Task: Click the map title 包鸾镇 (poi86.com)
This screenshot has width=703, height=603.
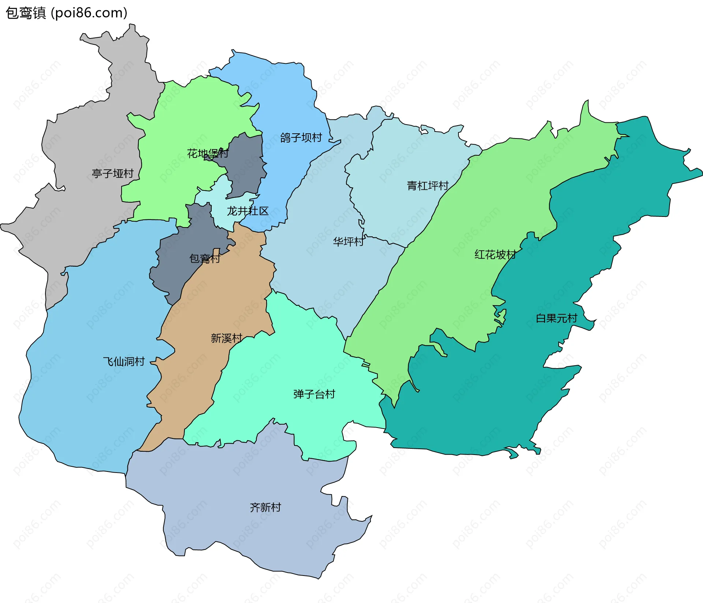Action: (66, 13)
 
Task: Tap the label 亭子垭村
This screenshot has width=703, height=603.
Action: (112, 173)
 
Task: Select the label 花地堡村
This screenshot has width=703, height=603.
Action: (208, 153)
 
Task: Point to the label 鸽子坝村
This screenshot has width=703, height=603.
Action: (301, 137)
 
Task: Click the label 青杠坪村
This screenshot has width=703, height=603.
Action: (428, 186)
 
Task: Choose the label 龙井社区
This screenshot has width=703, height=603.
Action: (248, 211)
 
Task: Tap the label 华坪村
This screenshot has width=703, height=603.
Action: (348, 241)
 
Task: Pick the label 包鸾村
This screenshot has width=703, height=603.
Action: (204, 259)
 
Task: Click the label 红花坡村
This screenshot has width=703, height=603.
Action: (495, 254)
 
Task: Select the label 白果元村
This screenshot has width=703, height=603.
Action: (556, 318)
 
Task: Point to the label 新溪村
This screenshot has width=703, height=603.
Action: (226, 338)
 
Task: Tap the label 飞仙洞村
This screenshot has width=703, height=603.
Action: (124, 362)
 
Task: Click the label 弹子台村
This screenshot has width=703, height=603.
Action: (314, 394)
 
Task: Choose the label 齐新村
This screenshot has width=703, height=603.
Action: (265, 507)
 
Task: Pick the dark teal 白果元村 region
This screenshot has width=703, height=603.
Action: (494, 403)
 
